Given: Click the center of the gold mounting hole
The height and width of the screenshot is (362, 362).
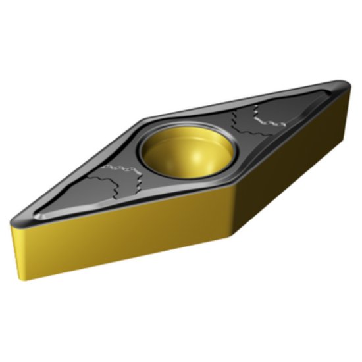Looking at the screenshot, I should tap(186, 154).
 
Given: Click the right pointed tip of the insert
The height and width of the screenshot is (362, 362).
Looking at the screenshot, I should tap(347, 88).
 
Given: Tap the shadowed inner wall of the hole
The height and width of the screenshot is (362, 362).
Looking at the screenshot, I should tap(165, 148).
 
